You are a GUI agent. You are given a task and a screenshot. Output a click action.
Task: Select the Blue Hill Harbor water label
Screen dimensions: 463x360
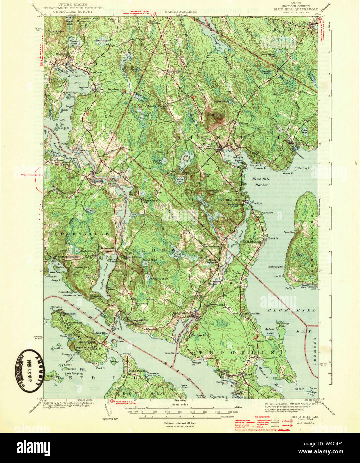(x=260, y=182)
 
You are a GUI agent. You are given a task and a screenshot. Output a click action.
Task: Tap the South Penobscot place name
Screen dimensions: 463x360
(x=109, y=89)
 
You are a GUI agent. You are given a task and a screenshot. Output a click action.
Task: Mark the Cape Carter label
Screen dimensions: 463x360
(x=171, y=353)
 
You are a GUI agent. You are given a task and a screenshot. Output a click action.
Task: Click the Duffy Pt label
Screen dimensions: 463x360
(x=289, y=288)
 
